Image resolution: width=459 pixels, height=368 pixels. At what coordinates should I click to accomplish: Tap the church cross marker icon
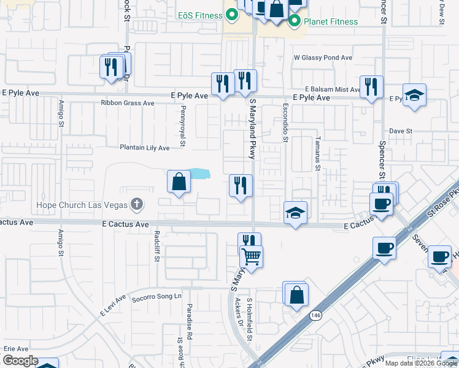tap(137, 204)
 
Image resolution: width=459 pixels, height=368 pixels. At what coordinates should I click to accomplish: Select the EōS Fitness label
tap(196, 14)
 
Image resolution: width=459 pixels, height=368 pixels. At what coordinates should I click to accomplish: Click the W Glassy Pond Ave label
tap(323, 58)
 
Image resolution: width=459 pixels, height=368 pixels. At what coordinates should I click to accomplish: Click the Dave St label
tap(400, 131)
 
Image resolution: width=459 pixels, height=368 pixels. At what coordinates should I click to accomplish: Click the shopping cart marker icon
tap(252, 256)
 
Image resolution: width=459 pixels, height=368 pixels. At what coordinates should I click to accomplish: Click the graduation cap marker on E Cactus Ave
tap(296, 213)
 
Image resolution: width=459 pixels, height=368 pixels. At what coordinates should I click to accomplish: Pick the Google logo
tap(20, 361)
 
